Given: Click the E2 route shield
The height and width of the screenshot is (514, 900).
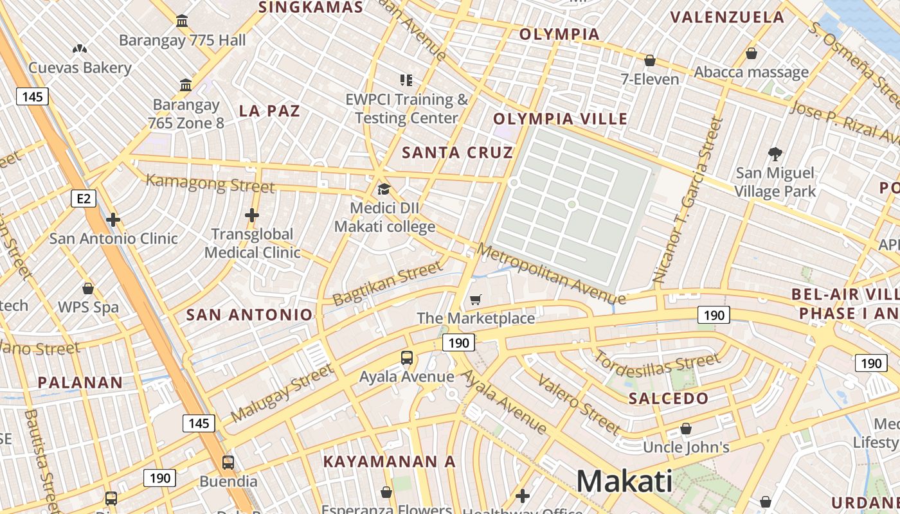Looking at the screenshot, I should [84, 199].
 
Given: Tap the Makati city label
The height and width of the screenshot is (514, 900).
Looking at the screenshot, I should [624, 481].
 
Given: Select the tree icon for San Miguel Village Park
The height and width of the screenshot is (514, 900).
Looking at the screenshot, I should [775, 154].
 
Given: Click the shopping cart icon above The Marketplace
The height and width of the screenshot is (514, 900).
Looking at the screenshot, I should [476, 299].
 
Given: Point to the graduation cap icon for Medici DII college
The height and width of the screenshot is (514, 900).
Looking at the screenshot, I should [384, 189].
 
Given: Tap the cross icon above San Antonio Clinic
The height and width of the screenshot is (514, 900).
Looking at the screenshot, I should [113, 220].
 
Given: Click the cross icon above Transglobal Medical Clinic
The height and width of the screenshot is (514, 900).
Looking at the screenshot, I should [252, 215].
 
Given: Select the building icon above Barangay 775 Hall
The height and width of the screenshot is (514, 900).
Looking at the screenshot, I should [182, 21].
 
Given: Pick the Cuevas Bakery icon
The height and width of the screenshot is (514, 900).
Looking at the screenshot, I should [80, 49].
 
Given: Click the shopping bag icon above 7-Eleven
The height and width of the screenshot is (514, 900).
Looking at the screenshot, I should [650, 61].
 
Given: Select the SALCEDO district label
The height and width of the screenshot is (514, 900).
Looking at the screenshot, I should [669, 398].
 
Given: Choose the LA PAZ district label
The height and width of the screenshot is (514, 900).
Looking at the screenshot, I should [269, 111].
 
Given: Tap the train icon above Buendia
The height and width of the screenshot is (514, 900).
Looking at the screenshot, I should [228, 462].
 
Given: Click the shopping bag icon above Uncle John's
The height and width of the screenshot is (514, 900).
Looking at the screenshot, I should [686, 429].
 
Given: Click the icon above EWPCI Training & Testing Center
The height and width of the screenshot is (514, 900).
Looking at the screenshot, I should [406, 80].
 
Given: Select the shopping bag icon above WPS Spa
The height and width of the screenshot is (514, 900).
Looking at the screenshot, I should [88, 288].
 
